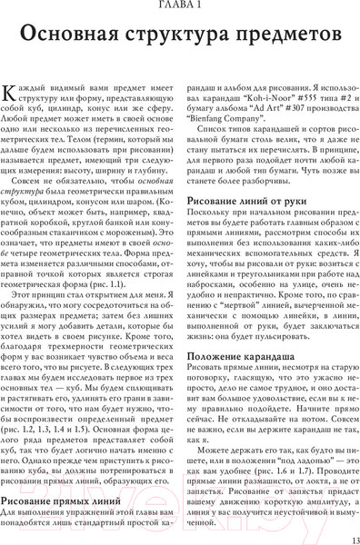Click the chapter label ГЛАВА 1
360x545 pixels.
click(x=180, y=7)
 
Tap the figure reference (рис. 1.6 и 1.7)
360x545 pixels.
click(x=276, y=470)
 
